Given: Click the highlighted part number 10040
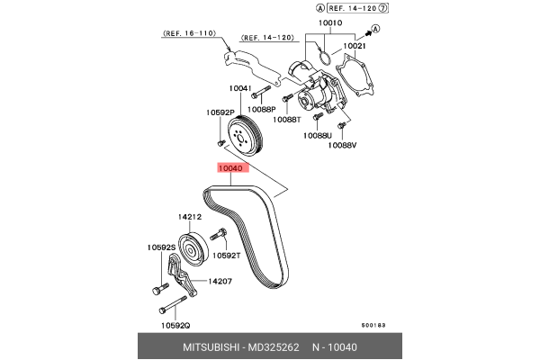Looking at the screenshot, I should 229,167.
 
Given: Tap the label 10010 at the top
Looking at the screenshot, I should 330,25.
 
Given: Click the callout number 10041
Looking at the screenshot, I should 238,88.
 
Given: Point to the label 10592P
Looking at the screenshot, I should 220,113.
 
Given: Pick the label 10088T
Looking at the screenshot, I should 287,120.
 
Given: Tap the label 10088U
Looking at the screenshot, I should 317,136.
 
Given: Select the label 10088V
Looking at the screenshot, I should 342,145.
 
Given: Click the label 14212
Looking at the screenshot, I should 189,217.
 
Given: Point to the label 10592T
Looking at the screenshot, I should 226,256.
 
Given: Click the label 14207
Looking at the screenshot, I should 220,281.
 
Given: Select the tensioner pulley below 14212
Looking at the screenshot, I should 193,247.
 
